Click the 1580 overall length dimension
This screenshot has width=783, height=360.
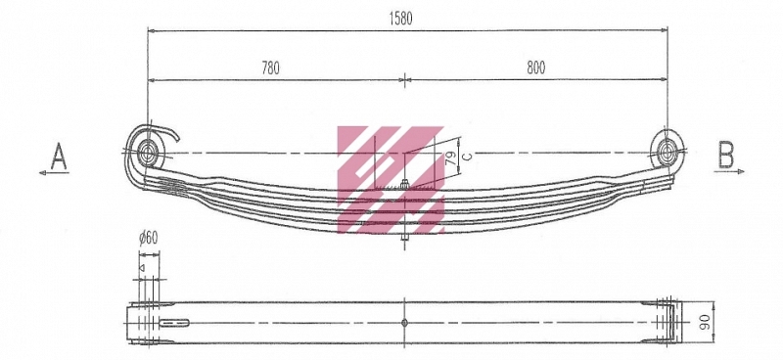400,19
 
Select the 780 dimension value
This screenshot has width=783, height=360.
271,67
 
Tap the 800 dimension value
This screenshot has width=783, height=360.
535,67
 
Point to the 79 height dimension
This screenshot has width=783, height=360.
449,159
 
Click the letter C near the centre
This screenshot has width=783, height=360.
467,157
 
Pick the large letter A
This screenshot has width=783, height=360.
59,156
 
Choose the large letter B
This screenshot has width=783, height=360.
726,155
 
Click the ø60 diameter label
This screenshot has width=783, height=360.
149,238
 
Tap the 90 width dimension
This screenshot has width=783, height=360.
705,323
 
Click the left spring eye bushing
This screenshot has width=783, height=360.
148,152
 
